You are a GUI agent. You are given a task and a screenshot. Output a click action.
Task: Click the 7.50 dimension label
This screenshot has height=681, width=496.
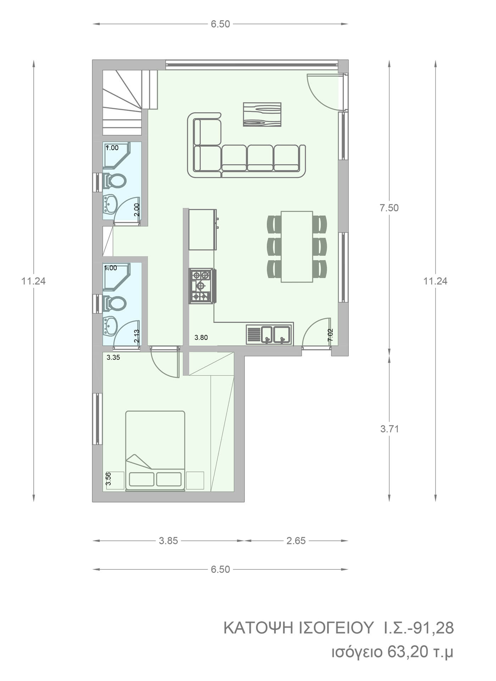(x=389, y=208)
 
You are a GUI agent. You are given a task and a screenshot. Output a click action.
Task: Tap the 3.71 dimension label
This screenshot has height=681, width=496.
(x=390, y=429)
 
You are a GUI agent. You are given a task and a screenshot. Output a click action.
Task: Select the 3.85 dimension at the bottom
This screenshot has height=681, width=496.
(x=168, y=541)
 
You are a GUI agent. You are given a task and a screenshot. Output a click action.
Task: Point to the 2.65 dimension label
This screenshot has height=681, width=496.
(x=296, y=541)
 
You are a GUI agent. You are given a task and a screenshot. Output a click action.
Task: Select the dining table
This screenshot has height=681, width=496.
(x=297, y=247)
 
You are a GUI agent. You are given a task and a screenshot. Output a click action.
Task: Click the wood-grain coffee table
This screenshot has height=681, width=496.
(x=262, y=115)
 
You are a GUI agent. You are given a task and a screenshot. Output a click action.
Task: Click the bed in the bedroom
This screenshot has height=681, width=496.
(x=155, y=451)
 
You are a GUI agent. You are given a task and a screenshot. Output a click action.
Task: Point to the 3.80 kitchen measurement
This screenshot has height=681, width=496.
(x=201, y=338)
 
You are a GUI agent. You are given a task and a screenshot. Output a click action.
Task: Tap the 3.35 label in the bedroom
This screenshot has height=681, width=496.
(x=113, y=358)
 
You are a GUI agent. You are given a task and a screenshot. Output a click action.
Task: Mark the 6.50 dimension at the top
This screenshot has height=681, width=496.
(x=220, y=24)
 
